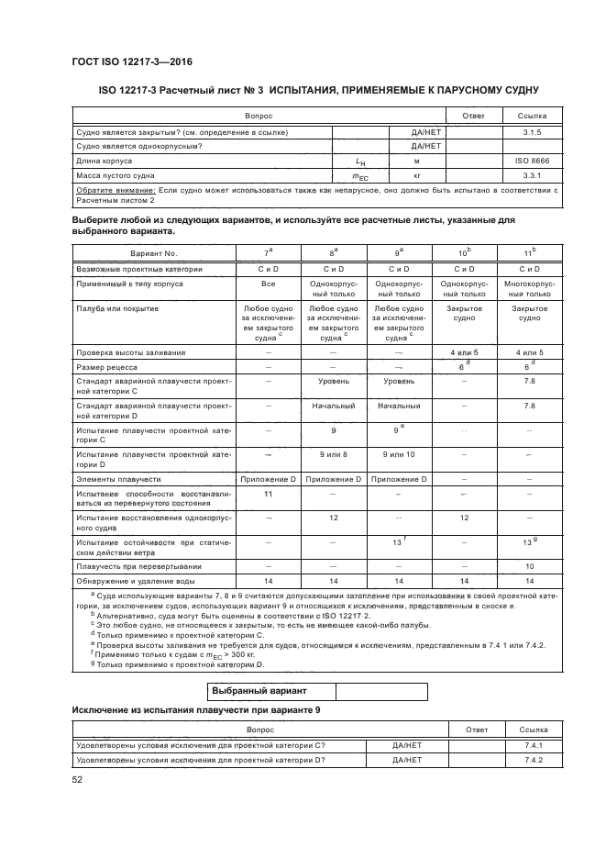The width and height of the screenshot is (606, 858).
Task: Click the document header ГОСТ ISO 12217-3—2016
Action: click(131, 62)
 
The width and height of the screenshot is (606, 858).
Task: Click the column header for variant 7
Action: click(267, 251)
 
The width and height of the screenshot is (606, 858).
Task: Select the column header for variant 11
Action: click(529, 251)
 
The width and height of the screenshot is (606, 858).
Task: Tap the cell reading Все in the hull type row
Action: click(267, 284)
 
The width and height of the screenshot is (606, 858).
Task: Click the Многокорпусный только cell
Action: click(529, 289)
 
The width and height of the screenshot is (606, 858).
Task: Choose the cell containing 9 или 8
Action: click(333, 454)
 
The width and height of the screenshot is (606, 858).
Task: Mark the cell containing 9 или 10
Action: click(398, 454)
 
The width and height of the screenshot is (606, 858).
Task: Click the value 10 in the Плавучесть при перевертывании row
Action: click(529, 566)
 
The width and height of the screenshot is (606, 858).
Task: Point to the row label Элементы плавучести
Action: click(118, 479)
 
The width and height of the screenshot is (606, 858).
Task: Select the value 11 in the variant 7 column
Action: click(267, 494)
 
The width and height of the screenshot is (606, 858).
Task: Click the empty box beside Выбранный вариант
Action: click(381, 692)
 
